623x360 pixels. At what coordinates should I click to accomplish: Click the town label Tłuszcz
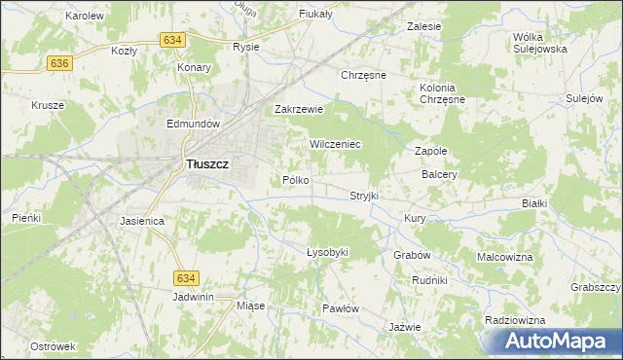click(x=206, y=165)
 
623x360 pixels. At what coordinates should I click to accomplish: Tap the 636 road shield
click(x=59, y=62)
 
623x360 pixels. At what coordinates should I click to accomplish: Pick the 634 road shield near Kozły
click(x=172, y=39)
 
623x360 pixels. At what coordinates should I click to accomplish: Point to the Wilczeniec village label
click(x=336, y=144)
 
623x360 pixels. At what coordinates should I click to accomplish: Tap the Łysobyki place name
click(x=327, y=253)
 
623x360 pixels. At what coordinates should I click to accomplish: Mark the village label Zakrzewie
click(x=298, y=110)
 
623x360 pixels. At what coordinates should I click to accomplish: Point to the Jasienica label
click(x=142, y=222)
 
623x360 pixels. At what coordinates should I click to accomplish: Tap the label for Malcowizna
click(x=505, y=257)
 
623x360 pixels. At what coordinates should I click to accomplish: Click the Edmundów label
click(x=196, y=125)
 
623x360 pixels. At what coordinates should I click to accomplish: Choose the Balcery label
click(x=440, y=175)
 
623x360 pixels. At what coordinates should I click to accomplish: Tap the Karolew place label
click(x=84, y=17)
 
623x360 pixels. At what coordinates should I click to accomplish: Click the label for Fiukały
click(x=316, y=14)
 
